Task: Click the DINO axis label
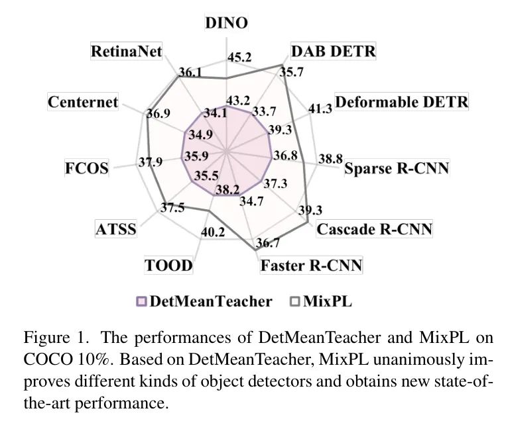point(226,23)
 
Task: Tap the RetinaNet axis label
point(127,51)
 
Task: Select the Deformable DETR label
point(401,102)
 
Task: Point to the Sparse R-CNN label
point(397,168)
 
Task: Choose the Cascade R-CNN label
point(374,229)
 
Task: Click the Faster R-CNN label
point(311,265)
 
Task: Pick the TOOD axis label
point(168,265)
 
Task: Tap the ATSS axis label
point(116,229)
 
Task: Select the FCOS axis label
point(87,168)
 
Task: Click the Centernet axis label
point(83,102)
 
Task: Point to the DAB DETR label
point(334,51)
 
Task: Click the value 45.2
point(239,57)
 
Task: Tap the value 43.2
point(238,101)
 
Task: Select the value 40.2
point(213,232)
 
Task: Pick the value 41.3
point(320,109)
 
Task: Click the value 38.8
point(330,159)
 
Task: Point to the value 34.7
point(251,201)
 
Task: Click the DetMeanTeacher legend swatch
point(141,301)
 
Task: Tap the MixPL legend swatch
point(295,301)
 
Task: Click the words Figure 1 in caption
point(56,338)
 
